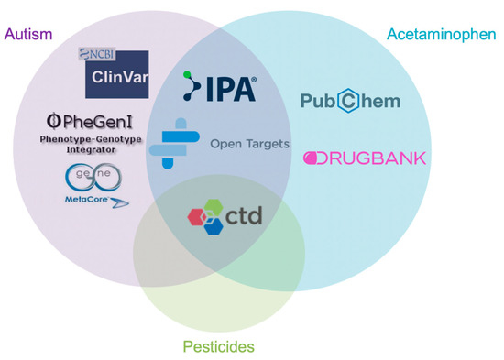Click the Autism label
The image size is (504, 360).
point(28,34)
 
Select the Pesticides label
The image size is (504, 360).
point(218,346)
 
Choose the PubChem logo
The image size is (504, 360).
point(350,102)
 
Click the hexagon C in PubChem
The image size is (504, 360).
point(351,102)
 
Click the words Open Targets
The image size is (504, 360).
point(249,144)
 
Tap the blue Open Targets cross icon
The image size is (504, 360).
point(180,143)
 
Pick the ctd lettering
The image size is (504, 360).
point(241,215)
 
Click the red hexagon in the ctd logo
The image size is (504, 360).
point(197,217)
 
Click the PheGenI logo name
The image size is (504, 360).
point(89,121)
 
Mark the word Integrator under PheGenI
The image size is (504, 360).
point(90,147)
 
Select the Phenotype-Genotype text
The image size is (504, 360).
point(90,137)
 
